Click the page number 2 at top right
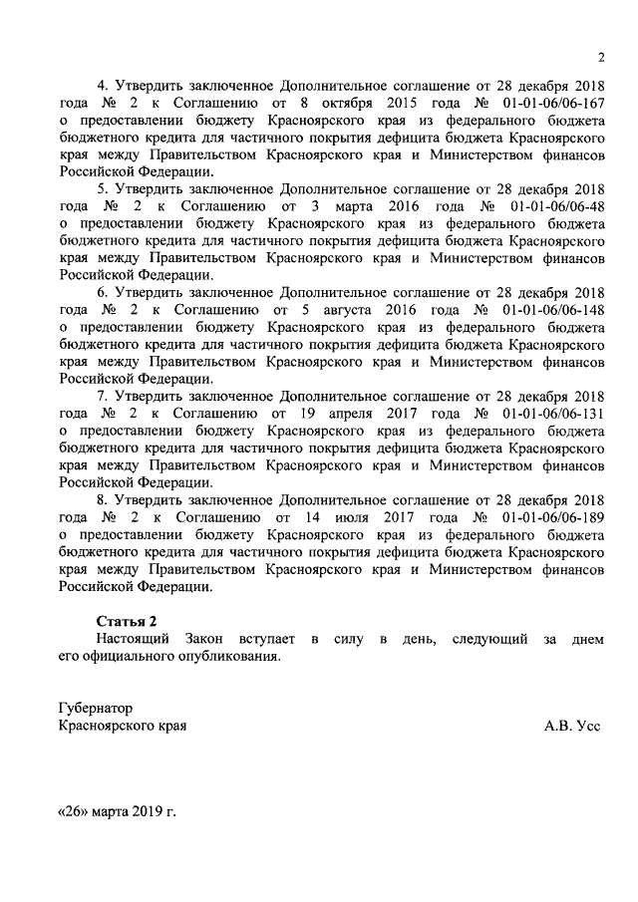[601, 56]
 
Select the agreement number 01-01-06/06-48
[554, 206]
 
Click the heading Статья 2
[127, 621]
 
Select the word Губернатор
[96, 709]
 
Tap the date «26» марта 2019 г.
[117, 812]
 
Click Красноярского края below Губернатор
[123, 727]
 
